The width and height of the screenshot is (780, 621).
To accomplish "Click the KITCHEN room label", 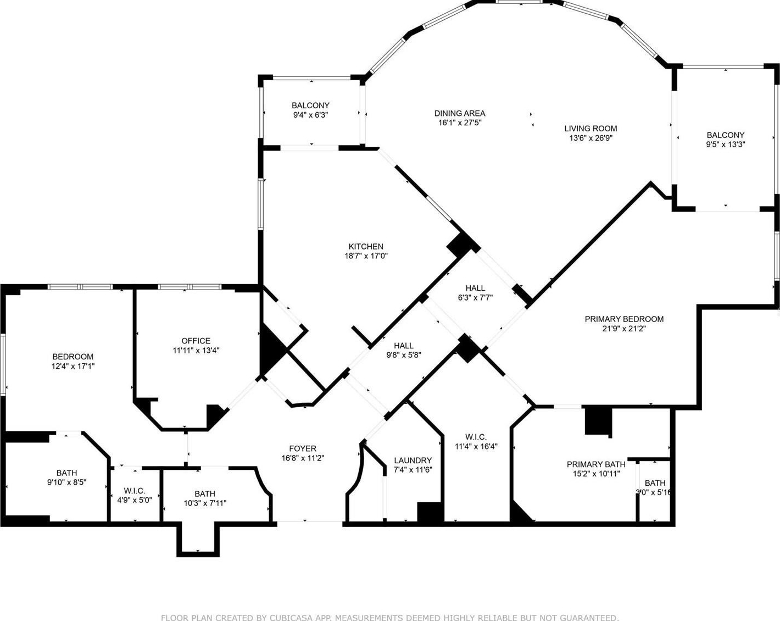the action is [x=366, y=246].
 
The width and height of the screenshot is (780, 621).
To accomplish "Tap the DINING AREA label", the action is [x=460, y=113].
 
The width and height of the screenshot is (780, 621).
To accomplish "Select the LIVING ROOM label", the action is [x=590, y=129].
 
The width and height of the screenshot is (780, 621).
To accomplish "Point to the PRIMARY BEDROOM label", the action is [x=624, y=319].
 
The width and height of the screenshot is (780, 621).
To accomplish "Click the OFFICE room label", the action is [x=196, y=341].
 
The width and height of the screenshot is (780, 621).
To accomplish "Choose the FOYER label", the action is [x=303, y=448].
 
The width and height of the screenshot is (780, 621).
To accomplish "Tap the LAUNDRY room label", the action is [x=413, y=461].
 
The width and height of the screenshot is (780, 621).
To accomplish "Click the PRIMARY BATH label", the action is [x=596, y=464].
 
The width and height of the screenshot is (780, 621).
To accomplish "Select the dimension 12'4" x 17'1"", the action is [x=73, y=366].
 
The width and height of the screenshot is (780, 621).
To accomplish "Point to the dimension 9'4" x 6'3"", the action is [x=310, y=115].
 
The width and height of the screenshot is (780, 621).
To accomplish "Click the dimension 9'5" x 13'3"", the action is [x=725, y=145].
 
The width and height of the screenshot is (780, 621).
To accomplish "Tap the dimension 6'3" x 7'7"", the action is [x=475, y=298].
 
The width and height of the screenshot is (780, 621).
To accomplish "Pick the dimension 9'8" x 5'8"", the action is [x=403, y=355].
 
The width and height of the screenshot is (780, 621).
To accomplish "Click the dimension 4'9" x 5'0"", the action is [x=135, y=500].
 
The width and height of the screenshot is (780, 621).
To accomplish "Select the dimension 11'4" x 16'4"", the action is [x=476, y=446].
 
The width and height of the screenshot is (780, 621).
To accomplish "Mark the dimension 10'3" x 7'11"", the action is [x=205, y=503].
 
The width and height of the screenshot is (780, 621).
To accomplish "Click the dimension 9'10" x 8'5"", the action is [x=66, y=482].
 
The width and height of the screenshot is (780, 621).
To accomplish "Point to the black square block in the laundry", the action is [x=430, y=512].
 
